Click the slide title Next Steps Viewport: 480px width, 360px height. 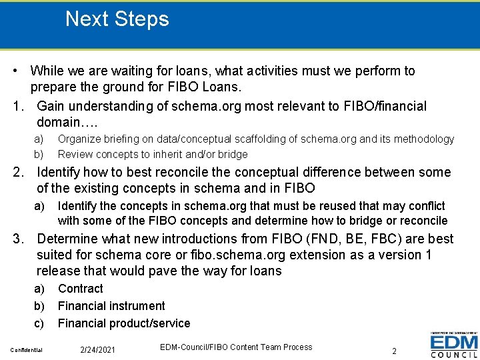pyautogui.click(x=117, y=19)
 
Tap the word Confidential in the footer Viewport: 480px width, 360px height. pyautogui.click(x=27, y=350)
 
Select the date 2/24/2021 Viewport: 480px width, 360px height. pyautogui.click(x=97, y=350)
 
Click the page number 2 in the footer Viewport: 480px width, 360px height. pyautogui.click(x=394, y=351)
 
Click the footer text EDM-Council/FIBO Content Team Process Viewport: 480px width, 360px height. pyautogui.click(x=236, y=347)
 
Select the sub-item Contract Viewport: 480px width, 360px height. pyautogui.click(x=80, y=289)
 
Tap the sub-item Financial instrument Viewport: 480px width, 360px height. pyautogui.click(x=111, y=306)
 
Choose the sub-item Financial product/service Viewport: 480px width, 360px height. pyautogui.click(x=124, y=323)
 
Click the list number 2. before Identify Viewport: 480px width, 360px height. pyautogui.click(x=20, y=172)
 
